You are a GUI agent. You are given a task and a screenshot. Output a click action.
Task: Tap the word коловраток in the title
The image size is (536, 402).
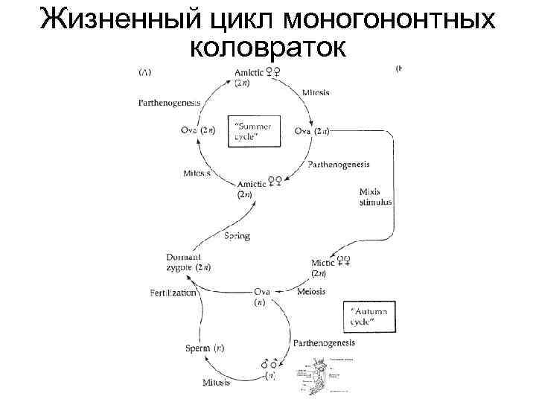268,48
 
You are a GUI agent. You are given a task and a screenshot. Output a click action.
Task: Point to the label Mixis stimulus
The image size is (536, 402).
375,197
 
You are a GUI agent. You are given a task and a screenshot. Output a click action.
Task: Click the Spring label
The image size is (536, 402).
237,236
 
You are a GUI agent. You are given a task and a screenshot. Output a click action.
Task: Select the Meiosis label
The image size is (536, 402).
310,291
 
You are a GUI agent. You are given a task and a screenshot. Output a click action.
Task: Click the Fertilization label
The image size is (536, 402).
173,293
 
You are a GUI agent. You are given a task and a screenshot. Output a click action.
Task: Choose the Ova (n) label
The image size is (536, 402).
261,296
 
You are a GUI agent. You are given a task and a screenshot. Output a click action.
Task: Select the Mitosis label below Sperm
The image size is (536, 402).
216,383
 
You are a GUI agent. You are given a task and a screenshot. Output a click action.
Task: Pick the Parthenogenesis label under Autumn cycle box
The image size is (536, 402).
324,343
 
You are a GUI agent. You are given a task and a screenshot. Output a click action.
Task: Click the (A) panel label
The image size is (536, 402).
145,71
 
